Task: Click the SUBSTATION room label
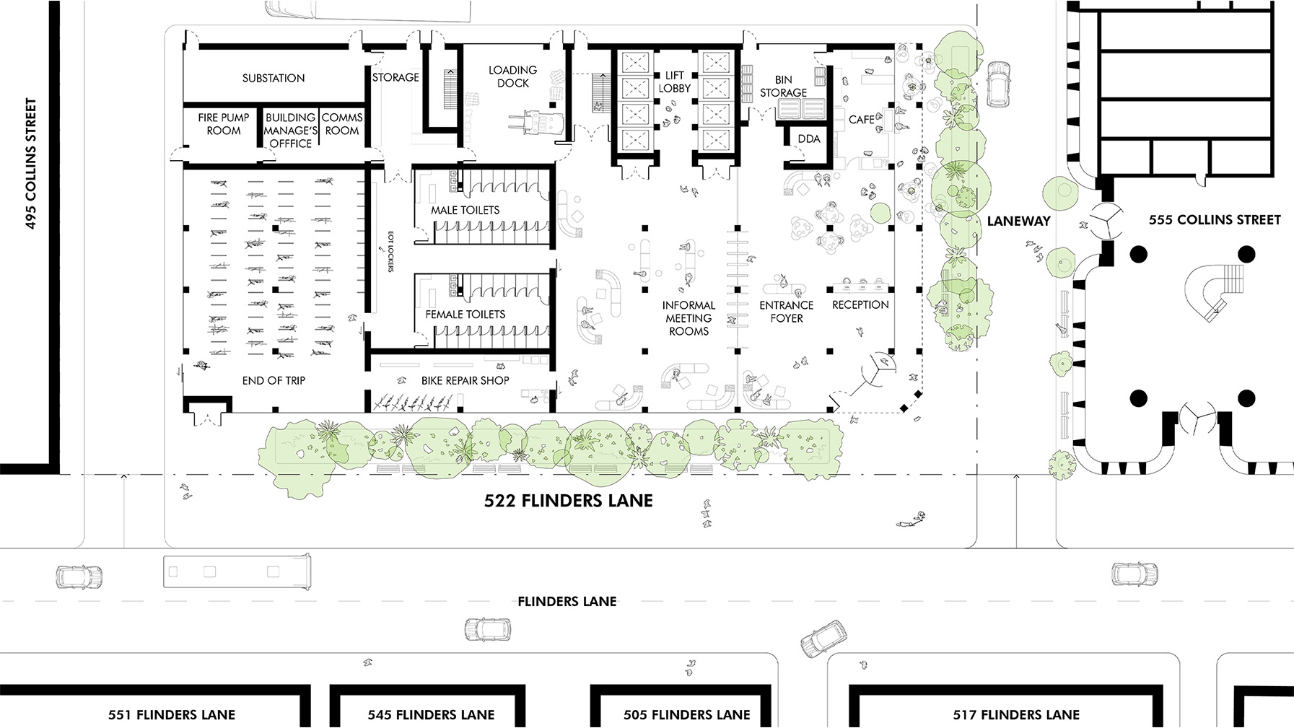[274, 78]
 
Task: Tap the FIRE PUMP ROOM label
[224, 124]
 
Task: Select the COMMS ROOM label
[342, 124]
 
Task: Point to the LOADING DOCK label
[512, 76]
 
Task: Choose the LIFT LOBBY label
[675, 82]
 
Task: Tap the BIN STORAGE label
[783, 86]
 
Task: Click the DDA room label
[809, 139]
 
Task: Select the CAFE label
[862, 120]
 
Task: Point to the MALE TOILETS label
[465, 210]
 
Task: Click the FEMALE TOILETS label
[465, 315]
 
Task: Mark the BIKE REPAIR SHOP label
[465, 380]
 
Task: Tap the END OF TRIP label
[274, 380]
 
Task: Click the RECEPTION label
[860, 305]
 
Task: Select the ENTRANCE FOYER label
[787, 312]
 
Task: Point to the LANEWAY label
[1018, 222]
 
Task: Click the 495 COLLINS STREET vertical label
[30, 164]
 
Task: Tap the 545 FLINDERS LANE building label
[431, 715]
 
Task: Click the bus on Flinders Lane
[237, 572]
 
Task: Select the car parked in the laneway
[997, 84]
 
